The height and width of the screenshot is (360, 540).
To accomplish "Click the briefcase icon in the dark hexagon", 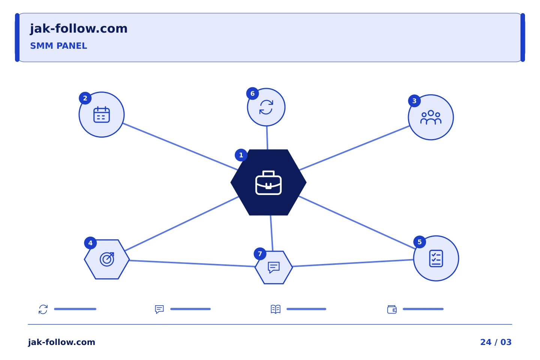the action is point(268,183).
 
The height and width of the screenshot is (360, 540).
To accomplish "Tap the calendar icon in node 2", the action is point(102,114).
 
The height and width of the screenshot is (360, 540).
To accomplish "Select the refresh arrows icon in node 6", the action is point(266,107).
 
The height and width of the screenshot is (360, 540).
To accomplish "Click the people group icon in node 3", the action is point(431,117).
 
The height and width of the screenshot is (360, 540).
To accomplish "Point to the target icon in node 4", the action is point(107,259).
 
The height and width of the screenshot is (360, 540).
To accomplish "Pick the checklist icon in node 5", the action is point(436,258).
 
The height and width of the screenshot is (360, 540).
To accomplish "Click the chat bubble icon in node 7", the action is point(274,267).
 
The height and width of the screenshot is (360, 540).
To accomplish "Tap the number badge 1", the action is point(241,155).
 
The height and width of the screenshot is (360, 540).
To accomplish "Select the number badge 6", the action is point(252,93).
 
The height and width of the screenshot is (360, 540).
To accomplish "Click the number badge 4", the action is point(90,243).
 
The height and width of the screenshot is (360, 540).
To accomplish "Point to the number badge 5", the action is point(420,242).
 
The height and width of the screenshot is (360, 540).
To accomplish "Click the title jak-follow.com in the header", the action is point(79,28).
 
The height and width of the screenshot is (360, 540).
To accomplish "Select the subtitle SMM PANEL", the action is point(58,46).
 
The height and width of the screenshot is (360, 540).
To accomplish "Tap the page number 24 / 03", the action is point(496,342).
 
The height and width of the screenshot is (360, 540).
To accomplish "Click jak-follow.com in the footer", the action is point(61,342).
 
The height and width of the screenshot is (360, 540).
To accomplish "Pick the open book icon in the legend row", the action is point(276,309).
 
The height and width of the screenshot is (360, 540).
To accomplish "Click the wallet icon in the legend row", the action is point(392,309).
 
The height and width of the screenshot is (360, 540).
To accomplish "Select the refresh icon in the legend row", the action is point(43,309).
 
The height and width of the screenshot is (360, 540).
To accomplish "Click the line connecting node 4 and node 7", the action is point(192,264).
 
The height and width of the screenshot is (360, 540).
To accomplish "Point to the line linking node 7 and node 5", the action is point(353,263).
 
